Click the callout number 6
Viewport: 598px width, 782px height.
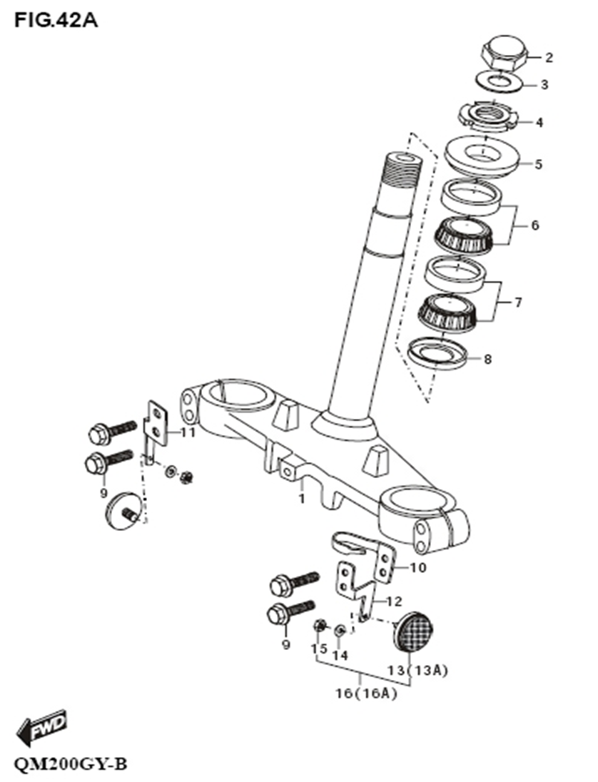tap(534, 225)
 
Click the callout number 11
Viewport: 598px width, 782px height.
tap(188, 432)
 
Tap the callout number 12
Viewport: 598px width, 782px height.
tap(395, 601)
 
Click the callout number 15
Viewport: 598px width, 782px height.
tap(318, 649)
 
